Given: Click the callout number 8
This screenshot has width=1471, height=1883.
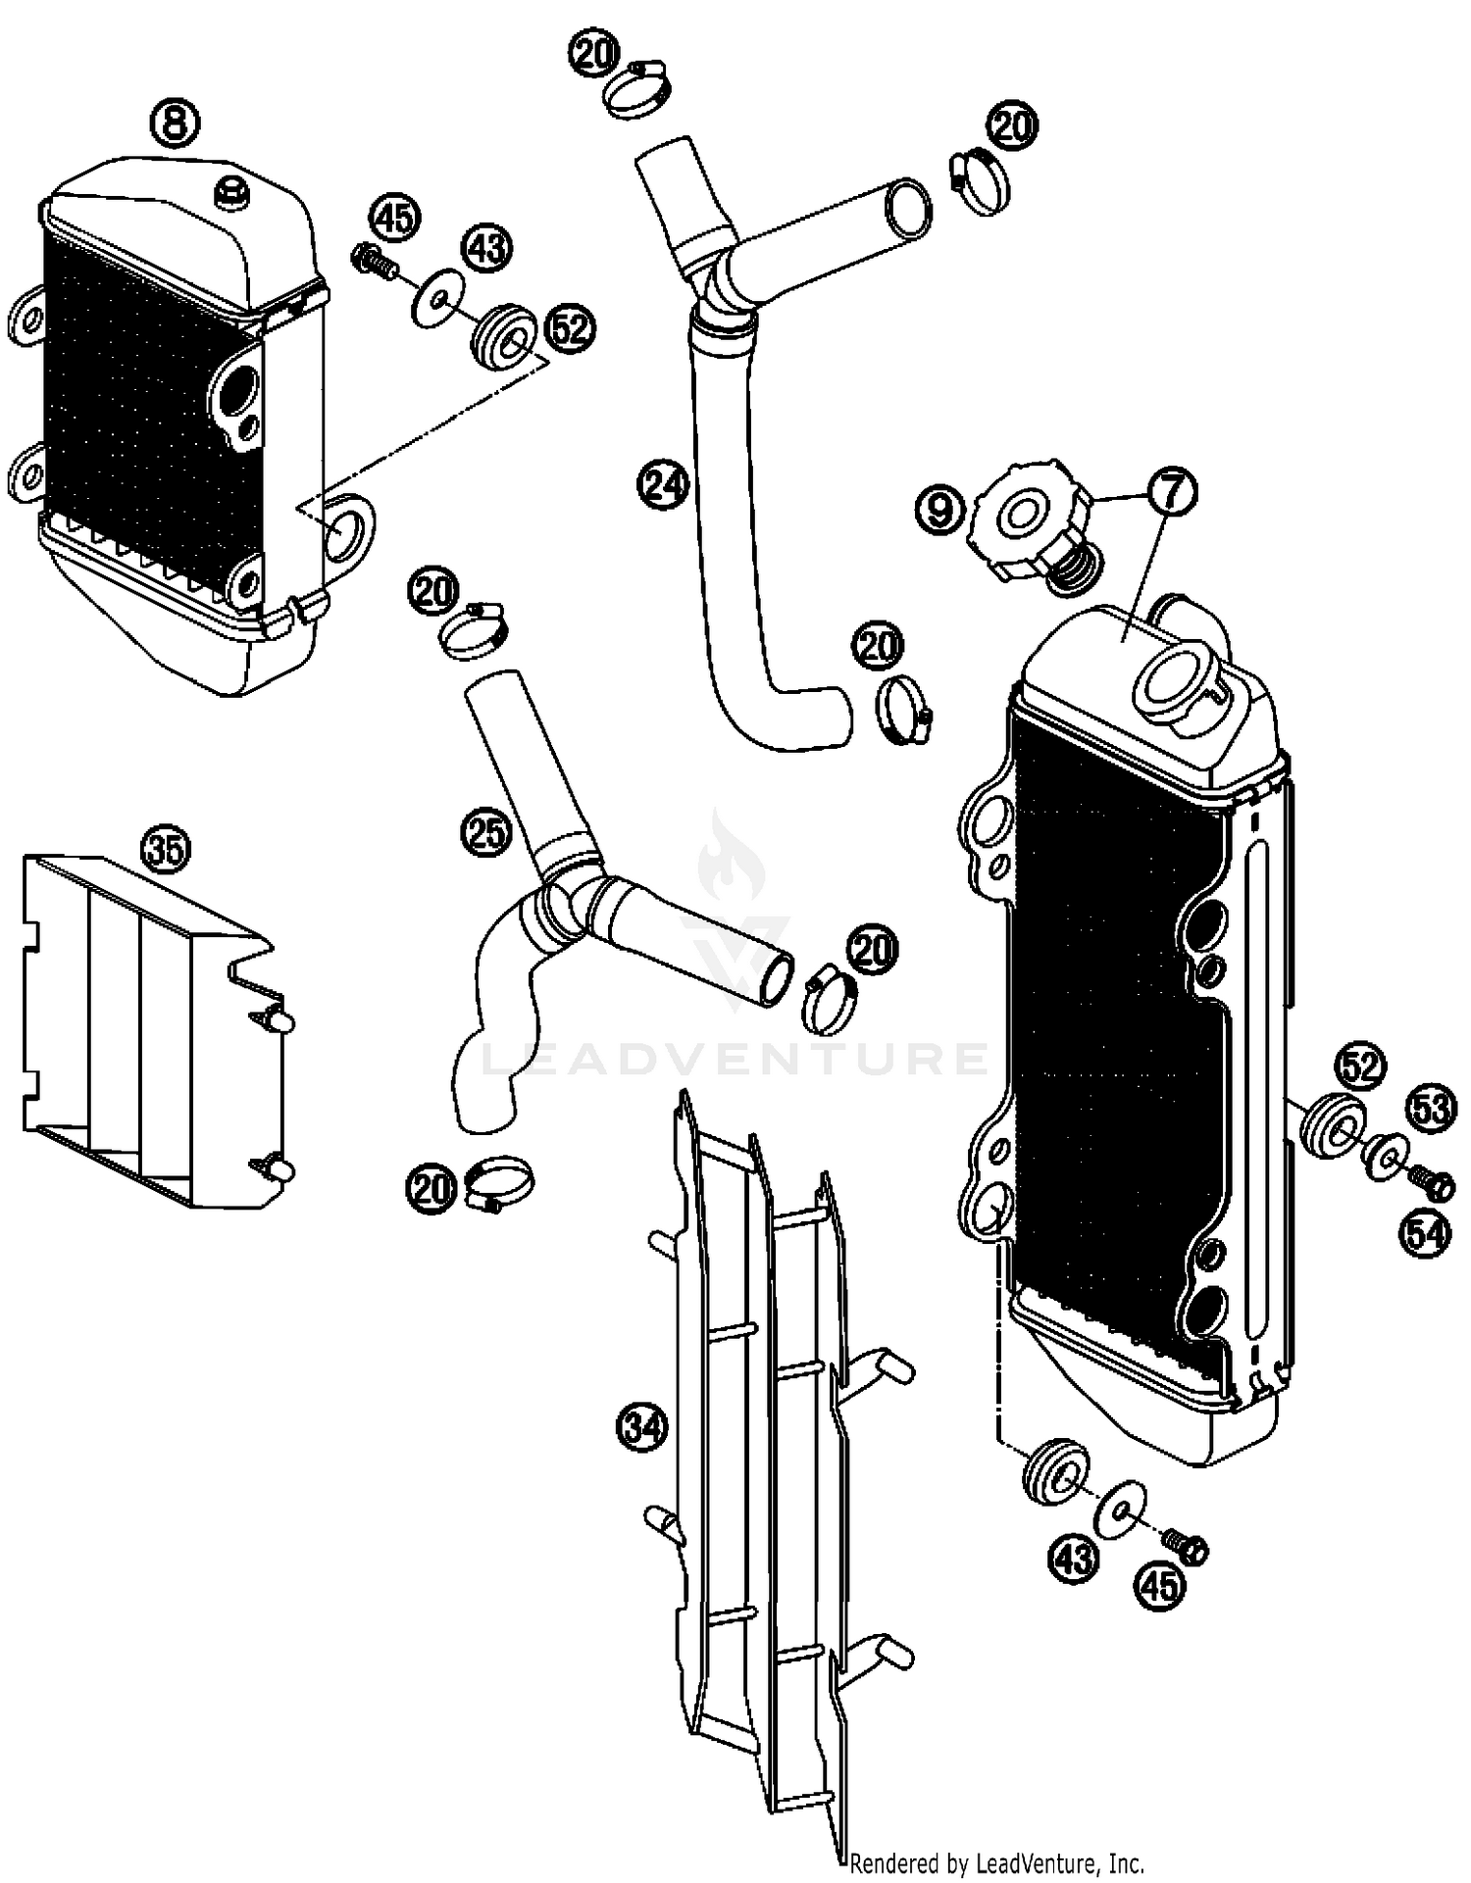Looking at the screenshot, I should pyautogui.click(x=174, y=124).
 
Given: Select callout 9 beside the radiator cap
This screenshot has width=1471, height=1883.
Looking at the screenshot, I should pyautogui.click(x=939, y=510).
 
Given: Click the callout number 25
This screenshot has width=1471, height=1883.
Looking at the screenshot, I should pyautogui.click(x=487, y=833).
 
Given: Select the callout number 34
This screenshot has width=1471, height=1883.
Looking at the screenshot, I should pyautogui.click(x=642, y=1428).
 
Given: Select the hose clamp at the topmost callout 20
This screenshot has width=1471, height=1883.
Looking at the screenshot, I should pyautogui.click(x=638, y=87).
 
